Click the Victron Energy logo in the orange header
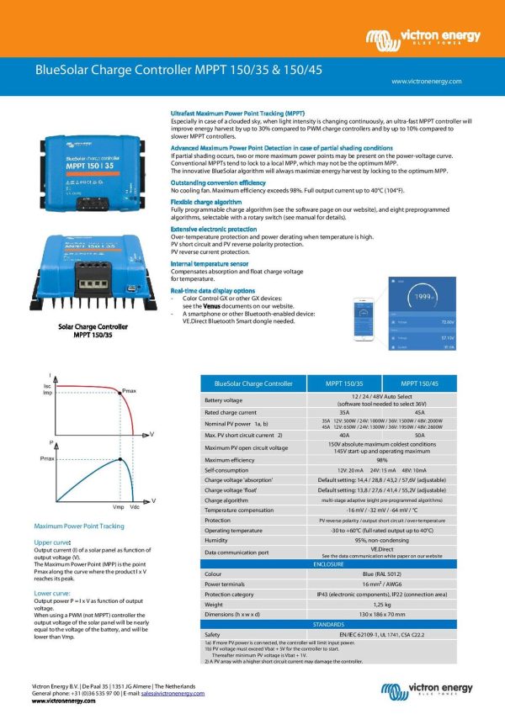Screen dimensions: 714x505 (423, 39)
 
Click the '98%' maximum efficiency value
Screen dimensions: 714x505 (381, 461)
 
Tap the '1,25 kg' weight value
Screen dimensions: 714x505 (381, 604)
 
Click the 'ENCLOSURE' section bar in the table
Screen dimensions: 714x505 (334, 565)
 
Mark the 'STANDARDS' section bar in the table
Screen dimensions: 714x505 (334, 625)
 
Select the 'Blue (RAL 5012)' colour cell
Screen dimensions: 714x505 (381, 574)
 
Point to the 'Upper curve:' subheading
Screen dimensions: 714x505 (52, 543)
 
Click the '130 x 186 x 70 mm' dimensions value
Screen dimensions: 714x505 (381, 615)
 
